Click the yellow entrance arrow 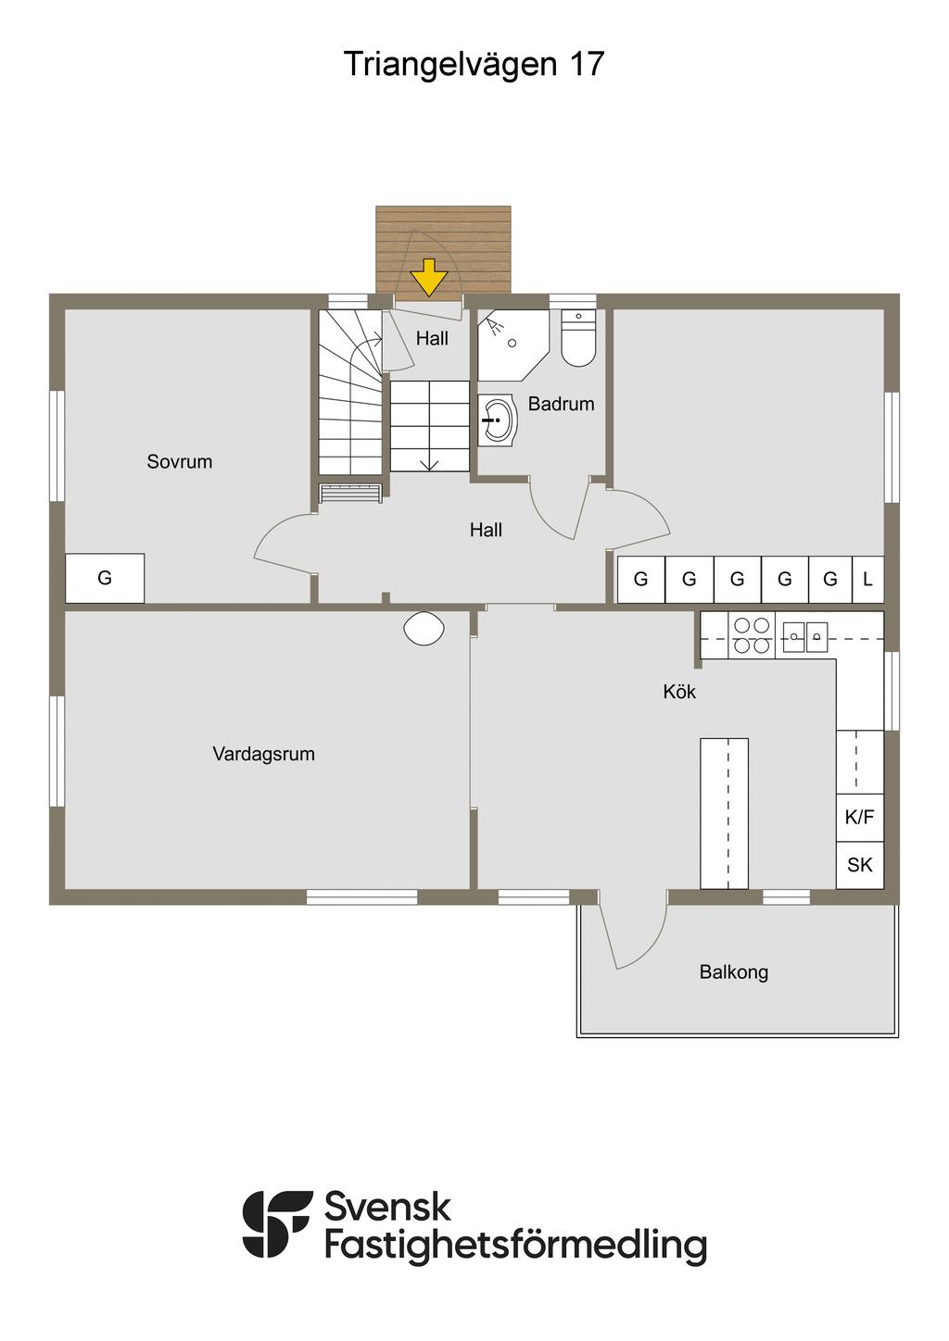[429, 277]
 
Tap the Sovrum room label [180, 461]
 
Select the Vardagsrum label [263, 754]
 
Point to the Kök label [679, 692]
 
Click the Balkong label [734, 971]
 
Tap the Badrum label [562, 404]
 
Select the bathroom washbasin [498, 420]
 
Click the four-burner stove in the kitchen [752, 635]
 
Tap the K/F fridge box [860, 817]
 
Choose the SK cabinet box [860, 865]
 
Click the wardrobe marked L [867, 579]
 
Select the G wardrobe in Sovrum [105, 578]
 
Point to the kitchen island [725, 813]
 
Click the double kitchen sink [805, 636]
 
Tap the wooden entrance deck [443, 250]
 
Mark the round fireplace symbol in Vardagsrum [424, 628]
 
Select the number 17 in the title [586, 64]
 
